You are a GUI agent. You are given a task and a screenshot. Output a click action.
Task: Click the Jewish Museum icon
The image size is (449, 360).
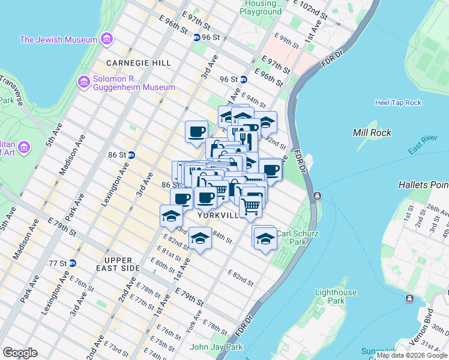107,40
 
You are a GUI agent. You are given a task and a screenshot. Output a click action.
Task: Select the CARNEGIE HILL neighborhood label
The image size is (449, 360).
138,63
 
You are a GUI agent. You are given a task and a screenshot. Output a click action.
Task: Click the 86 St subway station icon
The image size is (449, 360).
131,155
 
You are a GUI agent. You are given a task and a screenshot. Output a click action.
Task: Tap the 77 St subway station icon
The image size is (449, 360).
72,263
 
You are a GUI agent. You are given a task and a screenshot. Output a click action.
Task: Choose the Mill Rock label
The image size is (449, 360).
372,133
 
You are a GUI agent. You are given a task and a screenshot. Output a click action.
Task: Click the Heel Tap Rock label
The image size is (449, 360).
398,103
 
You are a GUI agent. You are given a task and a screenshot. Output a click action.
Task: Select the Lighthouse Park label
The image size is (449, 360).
337,296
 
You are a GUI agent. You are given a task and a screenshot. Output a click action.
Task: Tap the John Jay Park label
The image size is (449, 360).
216,347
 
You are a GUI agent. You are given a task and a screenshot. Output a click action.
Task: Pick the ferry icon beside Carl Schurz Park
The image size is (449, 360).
316,196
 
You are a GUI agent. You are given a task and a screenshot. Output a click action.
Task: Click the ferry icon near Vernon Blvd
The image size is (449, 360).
411,298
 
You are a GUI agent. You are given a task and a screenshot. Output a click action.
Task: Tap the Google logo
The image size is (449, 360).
20,353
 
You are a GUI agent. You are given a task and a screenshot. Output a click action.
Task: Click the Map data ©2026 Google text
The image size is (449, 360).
412,355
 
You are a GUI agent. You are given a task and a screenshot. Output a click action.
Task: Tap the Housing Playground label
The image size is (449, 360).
261,8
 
